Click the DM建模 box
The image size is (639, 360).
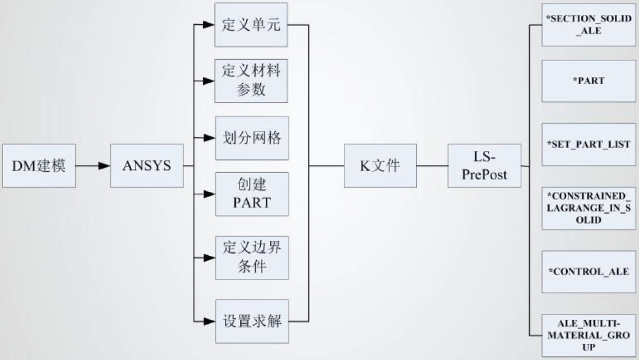[39, 166]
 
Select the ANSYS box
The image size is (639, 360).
[146, 166]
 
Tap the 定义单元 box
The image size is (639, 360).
[251, 25]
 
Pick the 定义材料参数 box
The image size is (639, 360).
[251, 81]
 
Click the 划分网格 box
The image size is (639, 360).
[251, 138]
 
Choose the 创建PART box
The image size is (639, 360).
[251, 194]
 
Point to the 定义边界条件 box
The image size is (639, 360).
[251, 258]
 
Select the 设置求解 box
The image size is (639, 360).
[251, 322]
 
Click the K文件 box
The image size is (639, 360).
[380, 166]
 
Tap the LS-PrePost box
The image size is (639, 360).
[484, 166]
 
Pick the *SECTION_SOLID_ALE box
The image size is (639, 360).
[588, 25]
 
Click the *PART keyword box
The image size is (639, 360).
[588, 81]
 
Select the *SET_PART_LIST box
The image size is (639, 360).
[588, 144]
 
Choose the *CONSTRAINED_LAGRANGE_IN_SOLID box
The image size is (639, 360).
[588, 208]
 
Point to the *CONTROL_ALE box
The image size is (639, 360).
[588, 272]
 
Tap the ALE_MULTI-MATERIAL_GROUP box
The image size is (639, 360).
[588, 335]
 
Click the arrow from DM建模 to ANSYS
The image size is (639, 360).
[93, 166]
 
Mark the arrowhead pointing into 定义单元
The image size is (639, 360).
[208, 25]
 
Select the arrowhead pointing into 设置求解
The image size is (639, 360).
[208, 322]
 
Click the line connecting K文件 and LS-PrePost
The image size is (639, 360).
[432, 166]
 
